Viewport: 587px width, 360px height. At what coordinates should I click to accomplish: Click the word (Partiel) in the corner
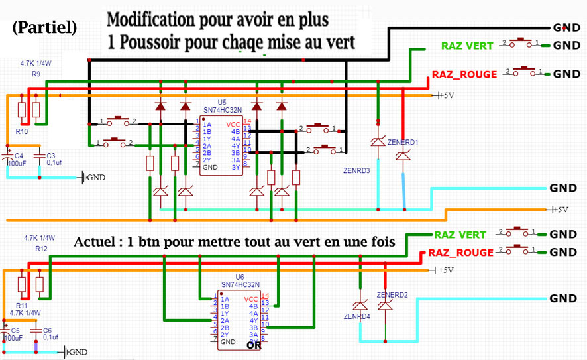(x=44, y=28)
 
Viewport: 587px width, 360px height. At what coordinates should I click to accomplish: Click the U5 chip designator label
(x=222, y=103)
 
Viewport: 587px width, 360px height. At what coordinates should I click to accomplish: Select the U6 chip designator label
(x=240, y=277)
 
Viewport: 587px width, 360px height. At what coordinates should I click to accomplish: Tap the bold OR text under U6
(x=254, y=345)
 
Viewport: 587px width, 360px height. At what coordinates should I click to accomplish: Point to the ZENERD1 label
(x=403, y=142)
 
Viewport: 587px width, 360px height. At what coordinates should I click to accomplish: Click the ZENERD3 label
(x=356, y=170)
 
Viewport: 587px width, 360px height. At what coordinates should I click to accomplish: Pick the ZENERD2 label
(x=392, y=294)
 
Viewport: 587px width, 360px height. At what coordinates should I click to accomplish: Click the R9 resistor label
(x=36, y=74)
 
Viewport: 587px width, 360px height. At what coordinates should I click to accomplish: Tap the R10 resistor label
(x=22, y=132)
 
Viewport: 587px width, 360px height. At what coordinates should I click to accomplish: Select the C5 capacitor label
(x=15, y=330)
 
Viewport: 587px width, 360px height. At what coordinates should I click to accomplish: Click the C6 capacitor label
(x=47, y=330)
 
